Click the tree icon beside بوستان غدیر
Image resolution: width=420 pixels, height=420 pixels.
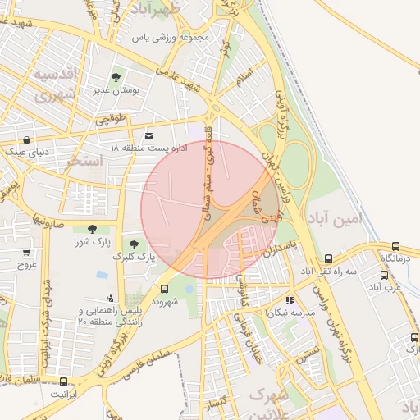point(115,77)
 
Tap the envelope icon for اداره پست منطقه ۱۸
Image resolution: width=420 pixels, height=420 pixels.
point(148,136)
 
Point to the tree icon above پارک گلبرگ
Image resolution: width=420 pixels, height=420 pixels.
point(133,244)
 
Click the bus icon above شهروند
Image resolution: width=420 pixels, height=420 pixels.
point(165,289)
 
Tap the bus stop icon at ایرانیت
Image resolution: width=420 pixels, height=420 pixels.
point(63,381)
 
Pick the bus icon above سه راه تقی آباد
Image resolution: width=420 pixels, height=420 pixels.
point(329,258)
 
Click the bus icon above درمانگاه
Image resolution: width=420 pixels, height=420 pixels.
point(396,246)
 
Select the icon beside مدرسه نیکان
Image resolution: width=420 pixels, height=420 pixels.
point(290,301)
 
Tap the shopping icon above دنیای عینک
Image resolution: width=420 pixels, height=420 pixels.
point(29,139)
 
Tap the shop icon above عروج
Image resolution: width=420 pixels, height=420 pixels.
point(26,253)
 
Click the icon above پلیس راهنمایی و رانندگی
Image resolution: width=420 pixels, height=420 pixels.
point(111,298)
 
